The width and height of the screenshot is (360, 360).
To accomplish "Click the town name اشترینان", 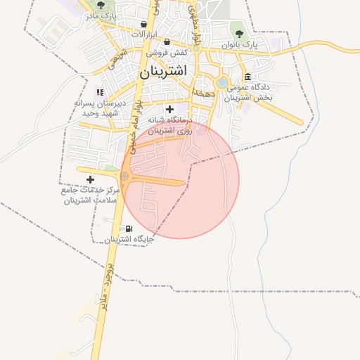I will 162,72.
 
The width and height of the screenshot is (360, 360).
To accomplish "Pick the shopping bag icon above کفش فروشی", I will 167,42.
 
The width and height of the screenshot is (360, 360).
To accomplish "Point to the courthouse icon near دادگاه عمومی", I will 247,77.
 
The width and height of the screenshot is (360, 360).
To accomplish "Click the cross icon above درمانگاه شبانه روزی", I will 169,110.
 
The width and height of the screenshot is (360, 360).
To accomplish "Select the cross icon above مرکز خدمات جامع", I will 89,179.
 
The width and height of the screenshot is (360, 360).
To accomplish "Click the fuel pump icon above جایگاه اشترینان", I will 128,229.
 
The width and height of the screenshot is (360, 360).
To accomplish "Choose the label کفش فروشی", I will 167,53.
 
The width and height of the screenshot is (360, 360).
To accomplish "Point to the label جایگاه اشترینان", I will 129,240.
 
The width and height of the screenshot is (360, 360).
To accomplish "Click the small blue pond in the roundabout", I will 222,83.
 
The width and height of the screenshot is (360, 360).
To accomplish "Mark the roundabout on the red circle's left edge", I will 125,176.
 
